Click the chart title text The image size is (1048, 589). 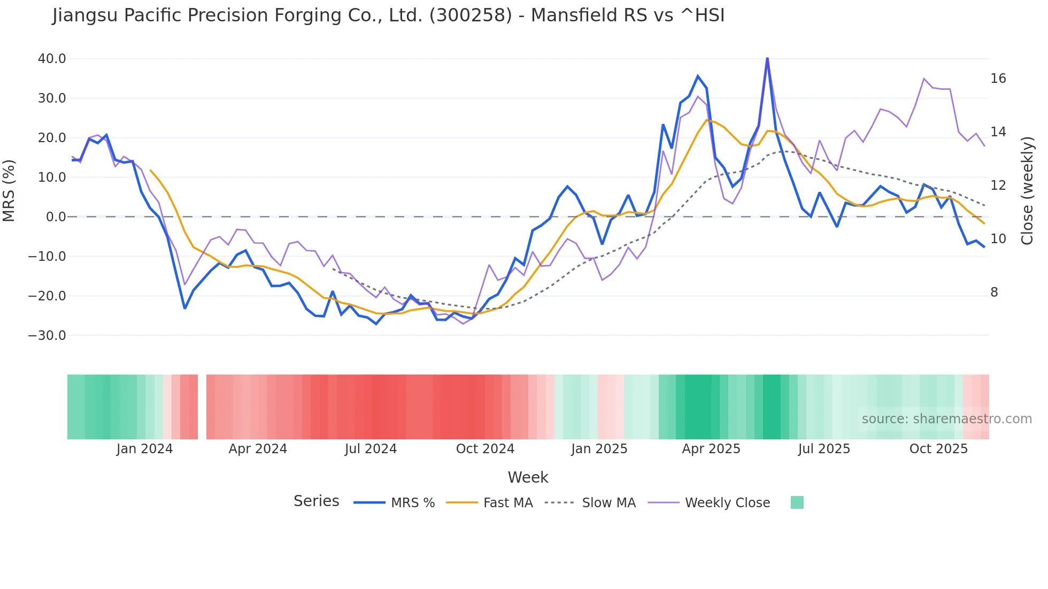[x=388, y=15]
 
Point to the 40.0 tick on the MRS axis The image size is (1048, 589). [x=52, y=59]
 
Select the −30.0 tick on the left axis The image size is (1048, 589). [x=47, y=336]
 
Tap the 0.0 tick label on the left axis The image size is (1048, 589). [x=56, y=217]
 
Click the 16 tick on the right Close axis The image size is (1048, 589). [x=998, y=79]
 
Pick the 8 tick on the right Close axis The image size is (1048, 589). [x=994, y=292]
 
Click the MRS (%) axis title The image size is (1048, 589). [x=9, y=191]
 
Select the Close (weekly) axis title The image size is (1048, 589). [x=1027, y=191]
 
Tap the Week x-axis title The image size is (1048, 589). [x=528, y=477]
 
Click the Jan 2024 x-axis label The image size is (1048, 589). [x=144, y=449]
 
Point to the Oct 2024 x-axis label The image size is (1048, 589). [x=485, y=449]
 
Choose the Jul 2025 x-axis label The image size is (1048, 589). [x=824, y=449]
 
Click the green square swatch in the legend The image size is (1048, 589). [x=797, y=502]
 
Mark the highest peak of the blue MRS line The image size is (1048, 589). [x=767, y=58]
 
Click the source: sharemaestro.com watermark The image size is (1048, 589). [x=946, y=419]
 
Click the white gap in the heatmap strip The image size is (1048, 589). [x=202, y=407]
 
